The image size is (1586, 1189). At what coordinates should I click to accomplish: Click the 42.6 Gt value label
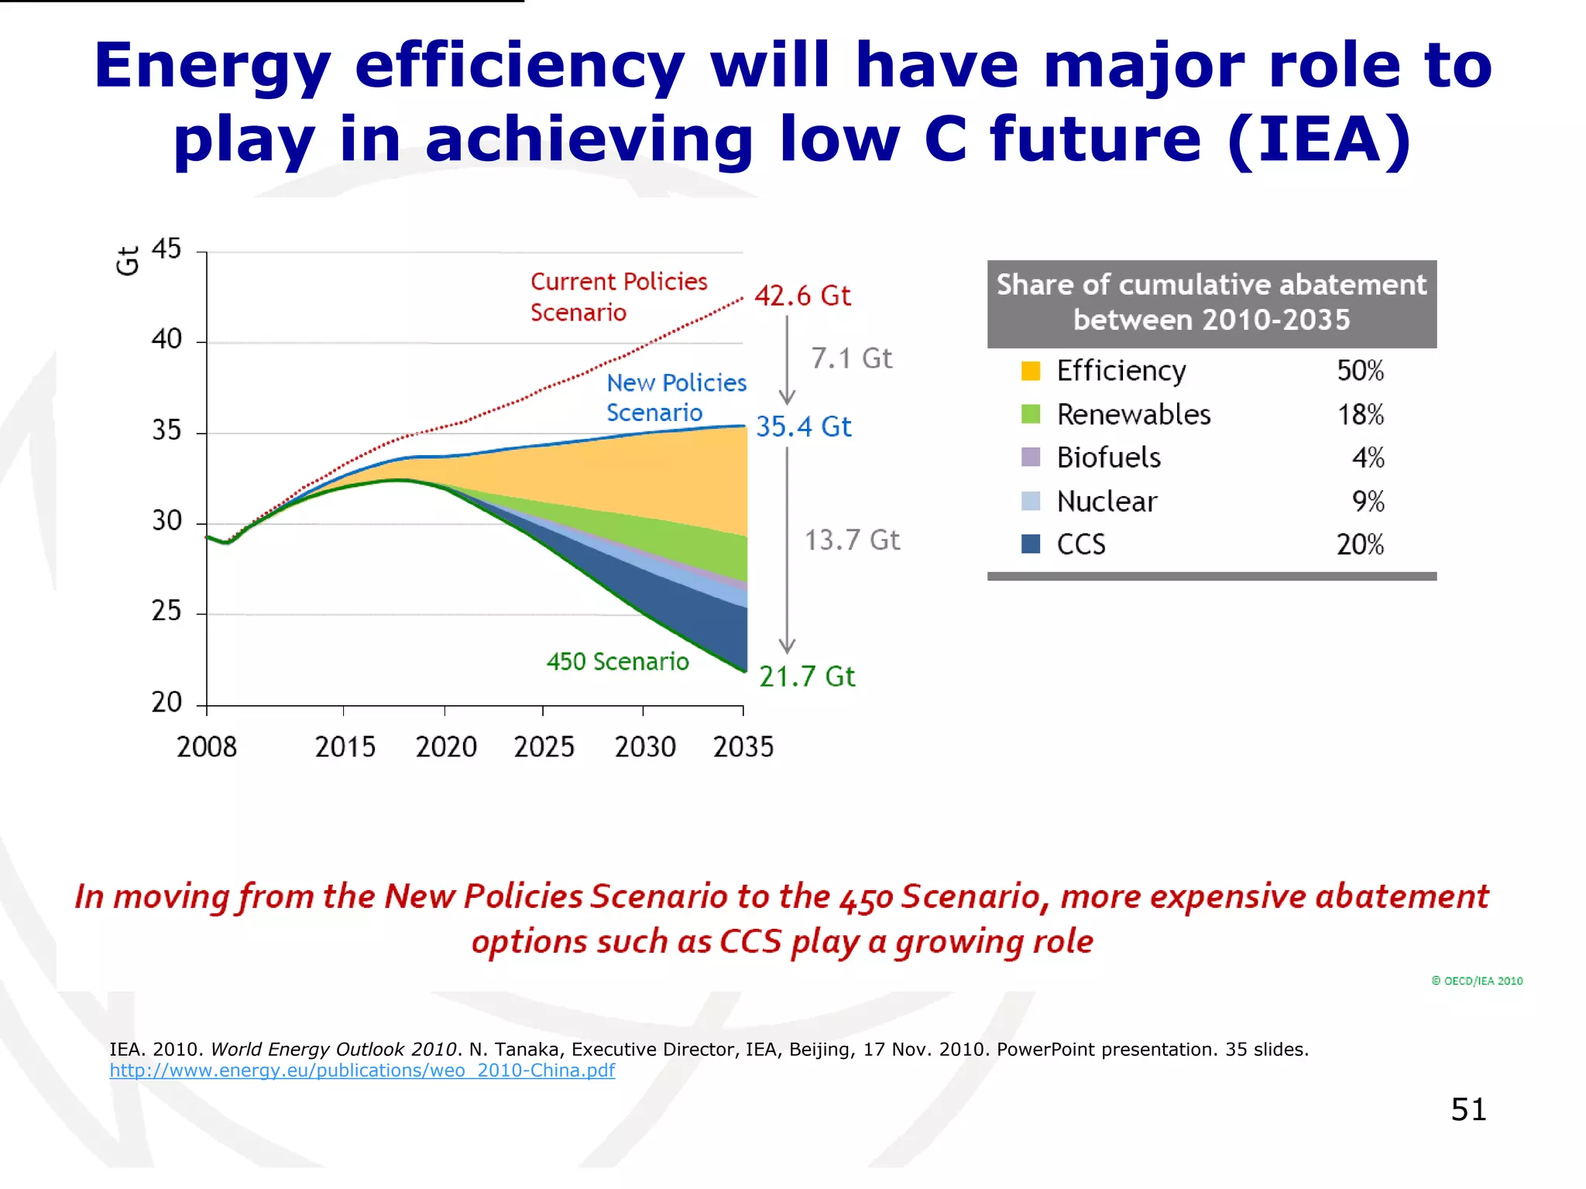(x=802, y=296)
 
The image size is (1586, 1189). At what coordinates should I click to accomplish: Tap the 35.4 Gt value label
(x=803, y=427)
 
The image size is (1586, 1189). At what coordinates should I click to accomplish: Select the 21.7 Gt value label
(x=806, y=677)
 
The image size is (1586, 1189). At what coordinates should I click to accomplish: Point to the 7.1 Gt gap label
(x=851, y=358)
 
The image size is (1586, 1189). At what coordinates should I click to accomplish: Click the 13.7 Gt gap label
(x=851, y=540)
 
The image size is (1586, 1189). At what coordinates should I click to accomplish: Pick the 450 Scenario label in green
(x=617, y=662)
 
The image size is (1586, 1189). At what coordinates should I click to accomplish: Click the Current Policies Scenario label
(x=618, y=296)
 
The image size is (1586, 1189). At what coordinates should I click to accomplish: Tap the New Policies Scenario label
(x=675, y=397)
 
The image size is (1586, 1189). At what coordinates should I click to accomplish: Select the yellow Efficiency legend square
(x=1030, y=371)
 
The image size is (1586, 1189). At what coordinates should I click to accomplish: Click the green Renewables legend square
(x=1030, y=414)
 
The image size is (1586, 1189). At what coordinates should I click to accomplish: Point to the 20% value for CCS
(x=1359, y=544)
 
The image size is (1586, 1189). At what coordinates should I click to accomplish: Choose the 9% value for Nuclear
(x=1368, y=501)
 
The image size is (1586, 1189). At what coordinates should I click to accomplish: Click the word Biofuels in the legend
(x=1108, y=457)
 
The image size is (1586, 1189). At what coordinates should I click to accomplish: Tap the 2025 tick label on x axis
(x=544, y=747)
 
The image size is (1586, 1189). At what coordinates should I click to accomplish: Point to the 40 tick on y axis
(x=166, y=339)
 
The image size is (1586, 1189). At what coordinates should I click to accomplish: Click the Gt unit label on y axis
(x=128, y=261)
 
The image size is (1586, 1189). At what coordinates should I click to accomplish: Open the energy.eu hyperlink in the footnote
(x=362, y=1071)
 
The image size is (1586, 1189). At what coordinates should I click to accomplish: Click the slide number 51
(x=1468, y=1109)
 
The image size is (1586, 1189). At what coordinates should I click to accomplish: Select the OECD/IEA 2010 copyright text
(x=1477, y=981)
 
